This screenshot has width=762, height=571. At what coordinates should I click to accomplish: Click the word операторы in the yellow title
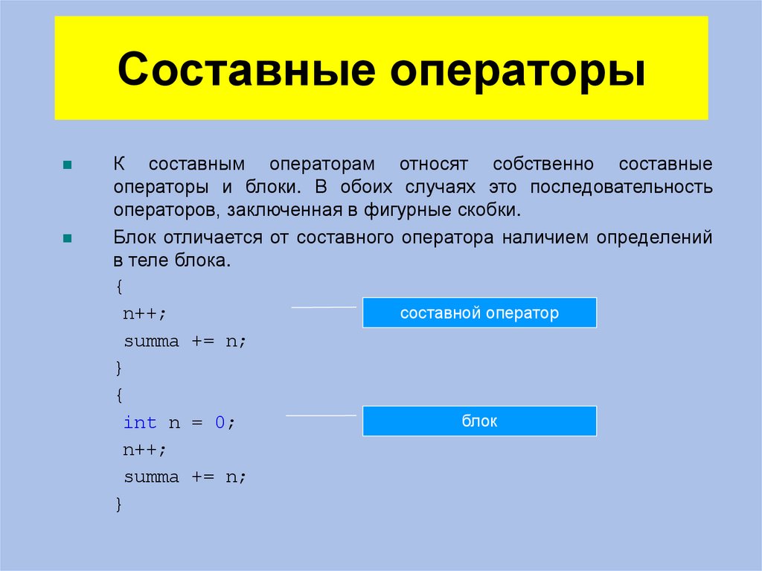point(519,72)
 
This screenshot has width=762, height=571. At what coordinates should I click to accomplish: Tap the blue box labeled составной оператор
point(479,313)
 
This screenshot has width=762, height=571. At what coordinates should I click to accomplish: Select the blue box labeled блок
point(479,421)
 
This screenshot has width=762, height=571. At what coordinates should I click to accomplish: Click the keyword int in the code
point(140,423)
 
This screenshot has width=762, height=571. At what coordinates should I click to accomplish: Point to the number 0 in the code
point(220,423)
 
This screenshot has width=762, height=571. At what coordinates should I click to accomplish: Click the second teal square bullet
point(67,239)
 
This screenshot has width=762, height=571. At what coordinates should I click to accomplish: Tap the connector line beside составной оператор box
point(323,306)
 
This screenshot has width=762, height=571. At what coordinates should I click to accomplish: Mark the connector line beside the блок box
point(321,415)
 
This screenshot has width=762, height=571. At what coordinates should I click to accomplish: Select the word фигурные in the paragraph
point(400,210)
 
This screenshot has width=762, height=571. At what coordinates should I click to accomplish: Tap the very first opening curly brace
point(119,287)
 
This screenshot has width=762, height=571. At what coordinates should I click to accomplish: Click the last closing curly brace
point(119,504)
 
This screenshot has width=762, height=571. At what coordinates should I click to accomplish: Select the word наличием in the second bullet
point(540,238)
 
